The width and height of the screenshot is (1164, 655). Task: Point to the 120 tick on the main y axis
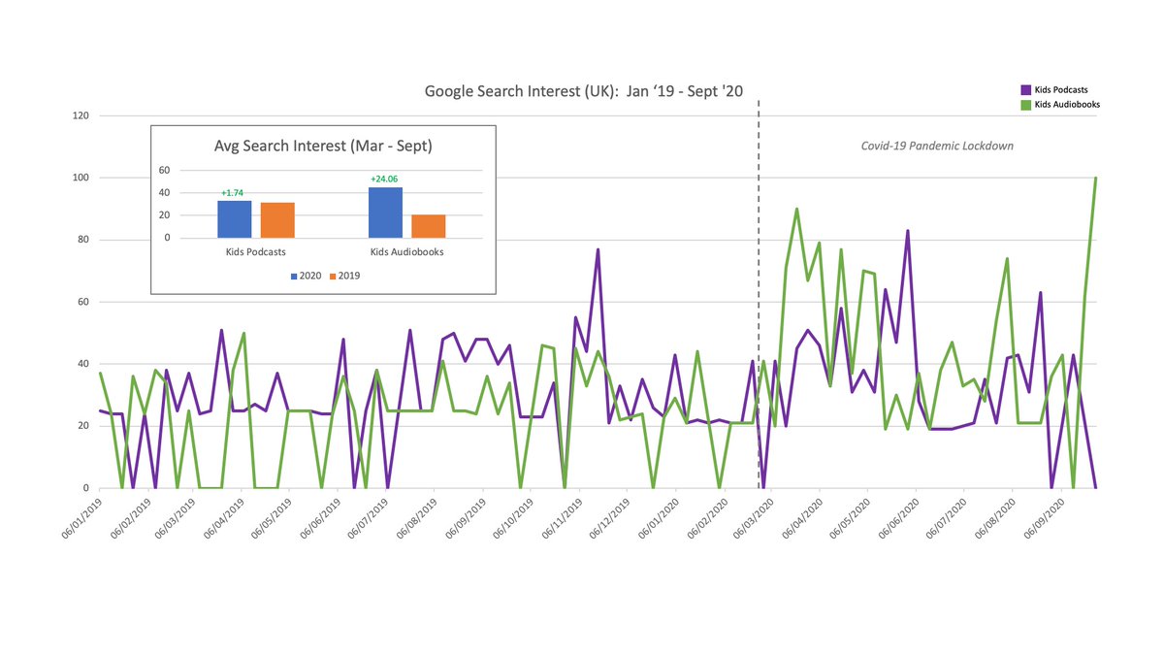pyautogui.click(x=81, y=115)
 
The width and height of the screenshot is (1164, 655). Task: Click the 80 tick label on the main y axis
pyautogui.click(x=82, y=240)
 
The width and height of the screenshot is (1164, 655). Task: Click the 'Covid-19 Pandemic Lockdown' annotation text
pyautogui.click(x=937, y=146)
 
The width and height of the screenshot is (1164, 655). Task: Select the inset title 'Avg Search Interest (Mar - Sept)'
pyautogui.click(x=323, y=147)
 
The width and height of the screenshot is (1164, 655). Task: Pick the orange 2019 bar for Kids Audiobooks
pyautogui.click(x=428, y=226)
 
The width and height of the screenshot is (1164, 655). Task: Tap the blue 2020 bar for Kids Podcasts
pyautogui.click(x=234, y=219)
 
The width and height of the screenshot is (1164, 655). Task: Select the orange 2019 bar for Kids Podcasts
pyautogui.click(x=276, y=220)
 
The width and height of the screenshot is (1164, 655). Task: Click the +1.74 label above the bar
pyautogui.click(x=233, y=193)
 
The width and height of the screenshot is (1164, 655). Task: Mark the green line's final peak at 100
pyautogui.click(x=1095, y=179)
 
